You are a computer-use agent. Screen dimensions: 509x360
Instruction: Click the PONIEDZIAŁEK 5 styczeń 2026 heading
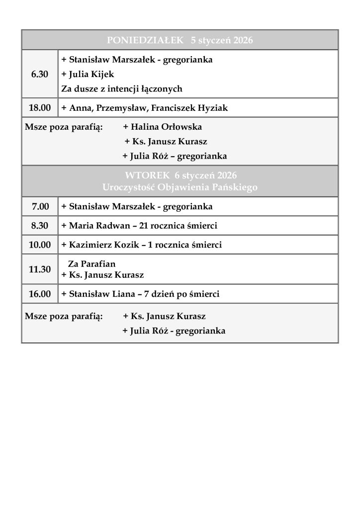pyautogui.click(x=180, y=40)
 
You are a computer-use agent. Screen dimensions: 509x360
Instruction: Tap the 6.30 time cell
pyautogui.click(x=40, y=74)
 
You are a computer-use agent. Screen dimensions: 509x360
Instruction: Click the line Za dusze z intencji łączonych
pyautogui.click(x=121, y=89)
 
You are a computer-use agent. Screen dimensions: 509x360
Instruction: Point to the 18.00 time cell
pyautogui.click(x=40, y=107)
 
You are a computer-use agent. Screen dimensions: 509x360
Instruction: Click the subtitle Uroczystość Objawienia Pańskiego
pyautogui.click(x=180, y=186)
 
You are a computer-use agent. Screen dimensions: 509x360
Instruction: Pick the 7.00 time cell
pyautogui.click(x=40, y=206)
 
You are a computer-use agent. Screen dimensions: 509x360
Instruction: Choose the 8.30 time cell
pyautogui.click(x=40, y=226)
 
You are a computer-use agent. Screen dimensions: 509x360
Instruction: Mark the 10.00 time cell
pyautogui.click(x=40, y=245)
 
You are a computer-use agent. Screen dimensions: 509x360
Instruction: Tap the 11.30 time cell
pyautogui.click(x=40, y=269)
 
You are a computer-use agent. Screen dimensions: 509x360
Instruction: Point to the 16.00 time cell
pyautogui.click(x=40, y=294)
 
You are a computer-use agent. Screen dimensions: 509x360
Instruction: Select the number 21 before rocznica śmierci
pyautogui.click(x=145, y=226)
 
